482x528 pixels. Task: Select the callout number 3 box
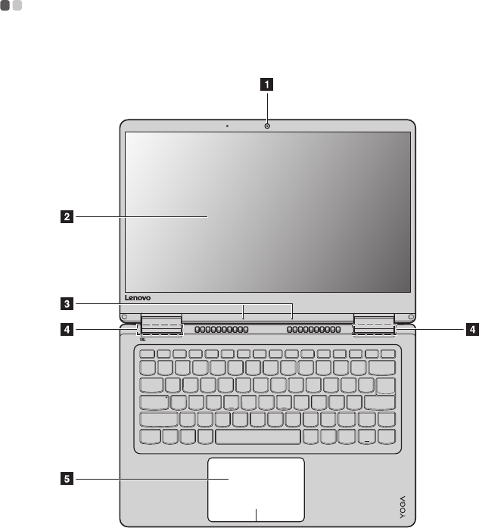67,305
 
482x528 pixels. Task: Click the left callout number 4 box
67,329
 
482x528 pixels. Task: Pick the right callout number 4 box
472,329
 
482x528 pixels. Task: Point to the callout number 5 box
67,478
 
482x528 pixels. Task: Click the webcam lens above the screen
267,125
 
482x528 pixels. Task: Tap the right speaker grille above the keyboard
314,331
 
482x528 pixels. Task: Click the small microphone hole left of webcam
227,126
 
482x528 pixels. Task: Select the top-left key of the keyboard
147,354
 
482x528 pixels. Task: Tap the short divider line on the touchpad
257,514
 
